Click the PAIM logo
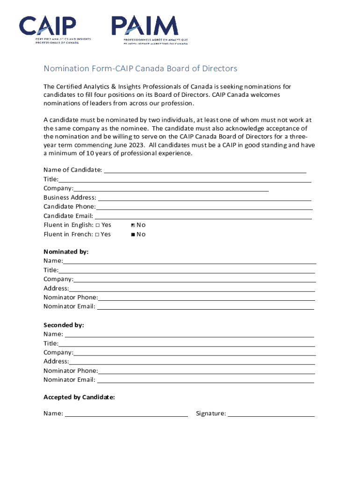coord(149,29)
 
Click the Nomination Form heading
coord(140,69)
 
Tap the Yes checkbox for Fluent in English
coord(97,225)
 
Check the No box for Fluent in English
coord(133,225)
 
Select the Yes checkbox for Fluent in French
coord(97,234)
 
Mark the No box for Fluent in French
coord(133,234)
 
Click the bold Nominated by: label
coord(66,252)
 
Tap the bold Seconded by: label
coord(64,325)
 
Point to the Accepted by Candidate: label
coord(79,397)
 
